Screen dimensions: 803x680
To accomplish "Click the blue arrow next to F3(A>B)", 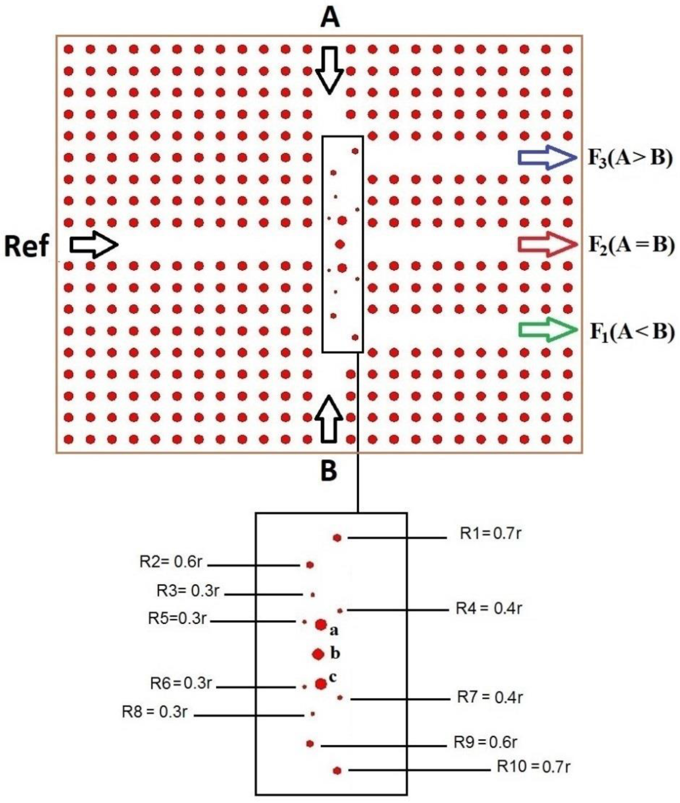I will point(547,158).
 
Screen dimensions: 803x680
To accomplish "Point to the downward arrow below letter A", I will point(329,70).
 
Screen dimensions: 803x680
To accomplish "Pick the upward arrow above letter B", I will point(329,419).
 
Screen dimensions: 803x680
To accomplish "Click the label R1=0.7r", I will point(491,534).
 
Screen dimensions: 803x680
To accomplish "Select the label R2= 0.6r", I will point(170,562).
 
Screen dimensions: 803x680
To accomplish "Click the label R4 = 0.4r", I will point(489,608).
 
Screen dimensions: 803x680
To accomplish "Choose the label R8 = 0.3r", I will point(154,712).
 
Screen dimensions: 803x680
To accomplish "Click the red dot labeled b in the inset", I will point(318,654).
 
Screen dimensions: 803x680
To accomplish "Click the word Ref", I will point(26,247).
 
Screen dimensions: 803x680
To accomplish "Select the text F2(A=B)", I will point(631,245).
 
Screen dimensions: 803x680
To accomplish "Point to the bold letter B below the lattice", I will point(329,471).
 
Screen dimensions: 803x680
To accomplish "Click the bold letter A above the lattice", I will point(330,19).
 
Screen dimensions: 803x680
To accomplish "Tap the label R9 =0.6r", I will point(485,742).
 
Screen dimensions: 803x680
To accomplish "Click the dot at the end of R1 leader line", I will point(337,538).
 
